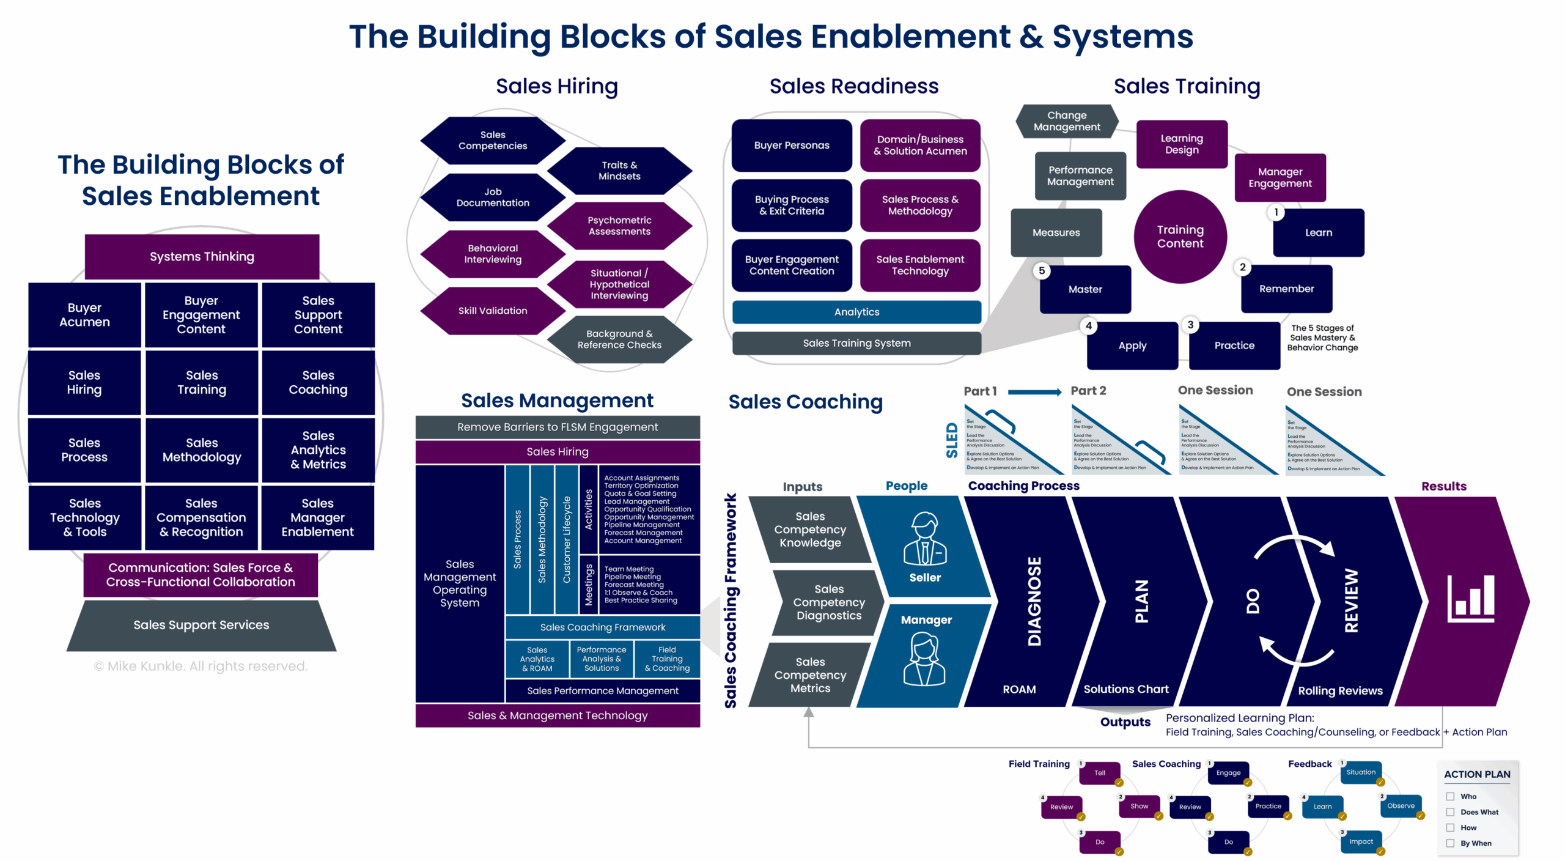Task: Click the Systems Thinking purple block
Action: [202, 256]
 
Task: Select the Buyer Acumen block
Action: [84, 315]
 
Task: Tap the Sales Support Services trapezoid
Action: [201, 625]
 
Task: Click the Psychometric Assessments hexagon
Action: [619, 226]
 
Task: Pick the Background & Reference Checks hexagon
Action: [619, 339]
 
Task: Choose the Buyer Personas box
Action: [791, 146]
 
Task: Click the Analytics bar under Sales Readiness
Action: [856, 312]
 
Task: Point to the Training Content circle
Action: [1180, 237]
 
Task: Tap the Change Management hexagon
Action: [1067, 121]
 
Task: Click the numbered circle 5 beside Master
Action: [1042, 271]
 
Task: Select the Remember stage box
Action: [1286, 289]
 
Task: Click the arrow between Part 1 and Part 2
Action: [1034, 392]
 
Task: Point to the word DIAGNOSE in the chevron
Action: [1034, 601]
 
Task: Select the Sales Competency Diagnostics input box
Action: [828, 602]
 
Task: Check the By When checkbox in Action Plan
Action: [1450, 843]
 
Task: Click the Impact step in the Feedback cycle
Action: [1361, 842]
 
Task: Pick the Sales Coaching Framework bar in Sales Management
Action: [602, 627]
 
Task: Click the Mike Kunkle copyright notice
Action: [201, 667]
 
